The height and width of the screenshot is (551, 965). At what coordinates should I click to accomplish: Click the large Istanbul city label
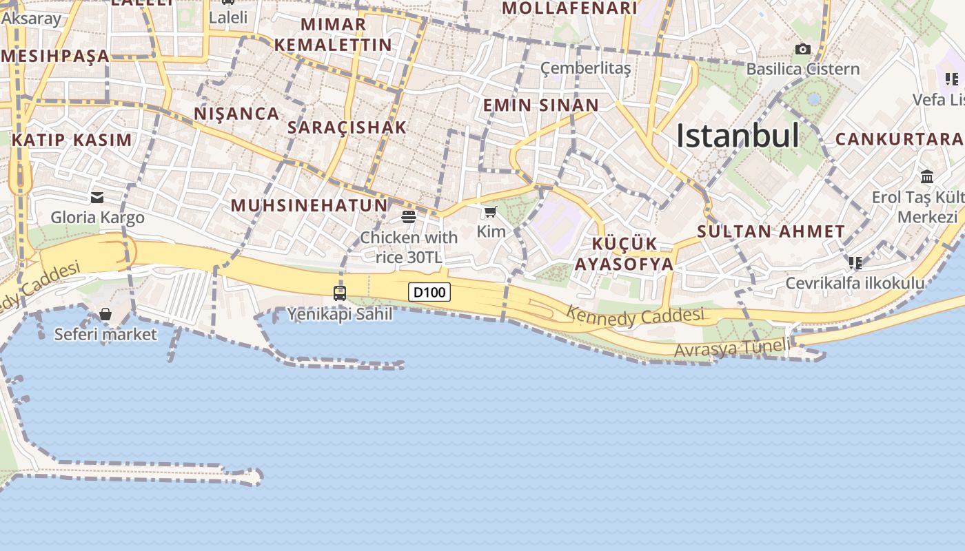[x=738, y=136]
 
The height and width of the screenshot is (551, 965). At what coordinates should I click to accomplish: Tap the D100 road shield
[x=429, y=292]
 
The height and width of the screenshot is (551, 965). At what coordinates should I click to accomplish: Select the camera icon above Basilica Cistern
[x=802, y=49]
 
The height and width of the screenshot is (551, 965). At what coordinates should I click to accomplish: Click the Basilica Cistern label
[x=803, y=69]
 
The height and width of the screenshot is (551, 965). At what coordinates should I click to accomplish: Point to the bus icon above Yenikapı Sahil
[x=339, y=293]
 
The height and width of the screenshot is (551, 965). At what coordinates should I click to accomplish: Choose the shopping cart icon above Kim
[x=490, y=211]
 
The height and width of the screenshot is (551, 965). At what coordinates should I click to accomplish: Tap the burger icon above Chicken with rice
[x=409, y=217]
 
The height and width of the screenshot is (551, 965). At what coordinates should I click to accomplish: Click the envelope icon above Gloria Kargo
[x=97, y=198]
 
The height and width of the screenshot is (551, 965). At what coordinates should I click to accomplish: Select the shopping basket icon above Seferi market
[x=105, y=315]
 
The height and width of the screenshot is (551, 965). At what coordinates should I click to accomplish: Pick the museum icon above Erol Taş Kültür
[x=926, y=177]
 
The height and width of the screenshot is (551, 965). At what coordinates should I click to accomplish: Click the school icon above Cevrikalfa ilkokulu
[x=855, y=262]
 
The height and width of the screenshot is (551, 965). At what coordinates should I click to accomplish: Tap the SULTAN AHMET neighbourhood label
[x=771, y=231]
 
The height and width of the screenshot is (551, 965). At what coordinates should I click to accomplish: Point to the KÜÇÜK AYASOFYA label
[x=624, y=254]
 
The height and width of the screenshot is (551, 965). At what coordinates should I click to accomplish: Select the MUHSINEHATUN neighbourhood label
[x=309, y=205]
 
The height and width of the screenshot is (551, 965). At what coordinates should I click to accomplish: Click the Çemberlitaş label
[x=585, y=67]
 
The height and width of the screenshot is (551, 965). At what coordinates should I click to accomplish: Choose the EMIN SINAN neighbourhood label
[x=540, y=105]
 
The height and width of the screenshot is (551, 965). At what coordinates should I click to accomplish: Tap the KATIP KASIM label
[x=72, y=140]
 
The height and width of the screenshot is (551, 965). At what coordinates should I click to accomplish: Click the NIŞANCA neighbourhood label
[x=236, y=114]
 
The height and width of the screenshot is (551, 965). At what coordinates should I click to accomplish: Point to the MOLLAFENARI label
[x=569, y=8]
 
